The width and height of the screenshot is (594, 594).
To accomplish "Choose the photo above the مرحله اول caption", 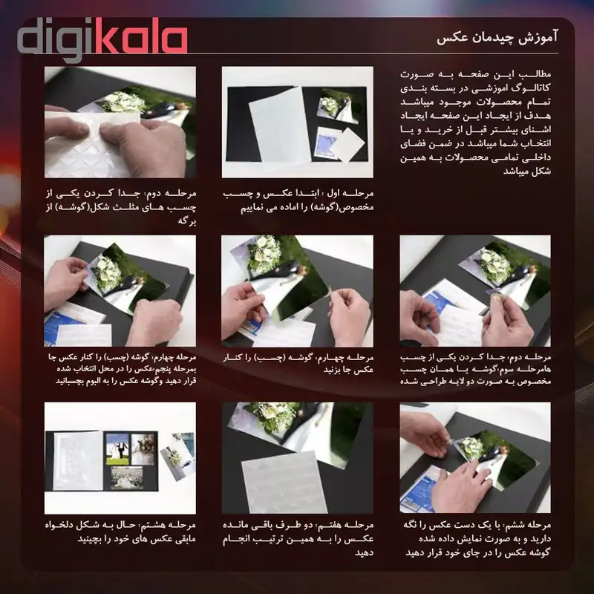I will [297, 123].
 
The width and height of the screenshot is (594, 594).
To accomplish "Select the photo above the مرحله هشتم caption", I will [120, 457].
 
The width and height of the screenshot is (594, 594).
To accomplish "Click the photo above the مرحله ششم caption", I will [475, 457].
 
